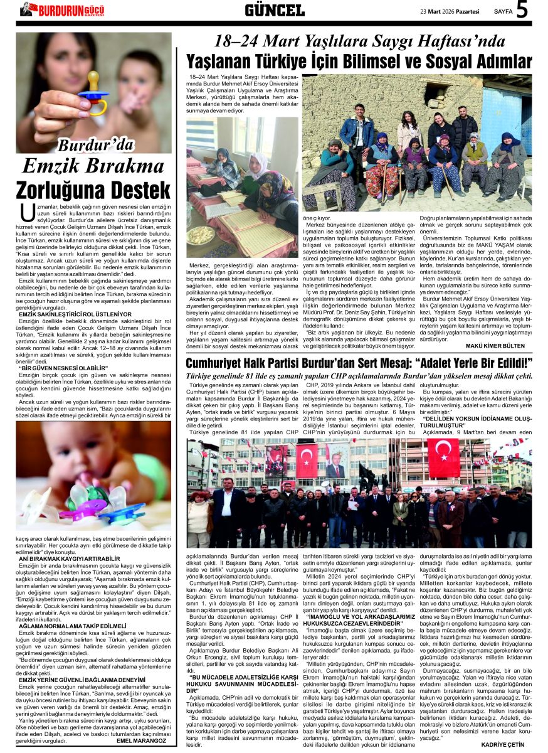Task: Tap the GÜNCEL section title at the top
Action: tap(274, 10)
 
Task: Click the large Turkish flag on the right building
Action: tap(443, 457)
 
